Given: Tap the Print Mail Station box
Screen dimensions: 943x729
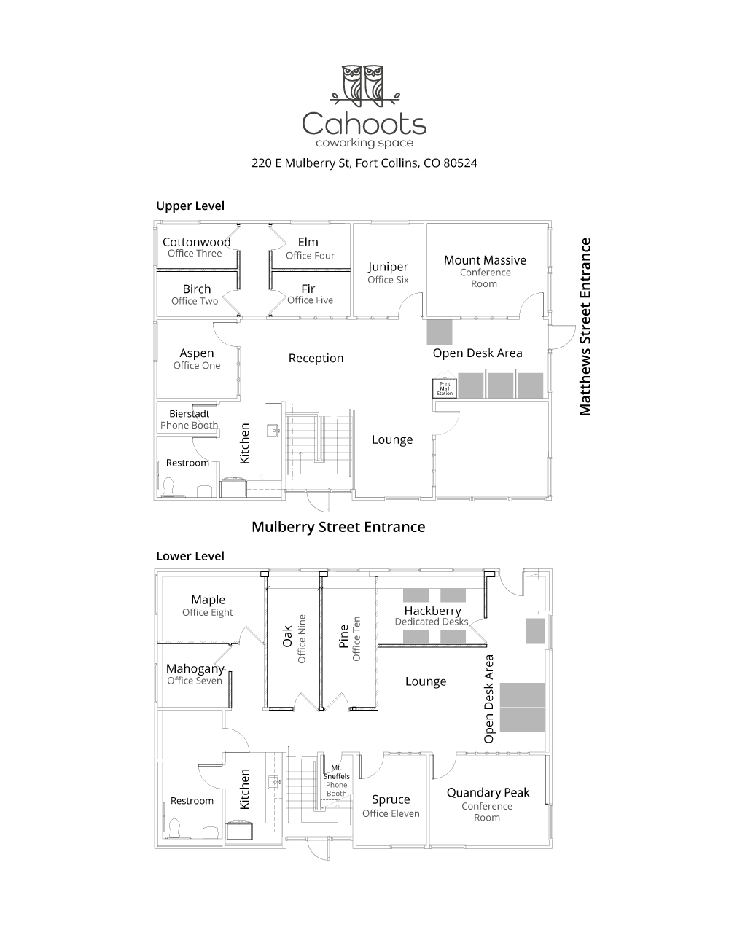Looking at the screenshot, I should pyautogui.click(x=445, y=388).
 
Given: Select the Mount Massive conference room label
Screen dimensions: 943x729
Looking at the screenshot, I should pyautogui.click(x=485, y=270).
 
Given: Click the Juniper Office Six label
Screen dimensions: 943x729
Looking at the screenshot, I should pyautogui.click(x=388, y=273).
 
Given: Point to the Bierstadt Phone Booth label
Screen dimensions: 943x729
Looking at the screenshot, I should pyautogui.click(x=189, y=419).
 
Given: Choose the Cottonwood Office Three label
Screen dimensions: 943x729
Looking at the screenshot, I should pyautogui.click(x=196, y=247).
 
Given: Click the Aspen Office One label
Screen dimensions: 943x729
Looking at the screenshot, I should pyautogui.click(x=197, y=359).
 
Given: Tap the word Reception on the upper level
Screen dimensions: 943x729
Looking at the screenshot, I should pyautogui.click(x=316, y=358).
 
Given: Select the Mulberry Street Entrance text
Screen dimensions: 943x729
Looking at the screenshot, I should pyautogui.click(x=338, y=526).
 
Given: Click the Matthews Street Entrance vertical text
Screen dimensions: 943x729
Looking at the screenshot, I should pyautogui.click(x=585, y=326).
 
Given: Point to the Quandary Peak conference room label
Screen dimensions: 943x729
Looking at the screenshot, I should pyautogui.click(x=488, y=803).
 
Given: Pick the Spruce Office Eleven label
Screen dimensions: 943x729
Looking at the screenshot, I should pyautogui.click(x=391, y=805).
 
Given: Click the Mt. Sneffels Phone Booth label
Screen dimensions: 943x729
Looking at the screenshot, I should pyautogui.click(x=337, y=780).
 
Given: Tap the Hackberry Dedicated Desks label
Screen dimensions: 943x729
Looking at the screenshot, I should pyautogui.click(x=432, y=616).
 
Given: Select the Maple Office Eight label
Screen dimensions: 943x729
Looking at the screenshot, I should pyautogui.click(x=208, y=606).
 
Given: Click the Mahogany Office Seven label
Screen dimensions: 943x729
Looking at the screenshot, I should pyautogui.click(x=195, y=674).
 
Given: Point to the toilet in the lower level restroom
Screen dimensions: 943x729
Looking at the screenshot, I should pyautogui.click(x=174, y=829).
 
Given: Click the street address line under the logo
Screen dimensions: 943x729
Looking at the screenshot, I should pyautogui.click(x=364, y=163).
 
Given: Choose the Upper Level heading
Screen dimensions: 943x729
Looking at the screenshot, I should pyautogui.click(x=190, y=206).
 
